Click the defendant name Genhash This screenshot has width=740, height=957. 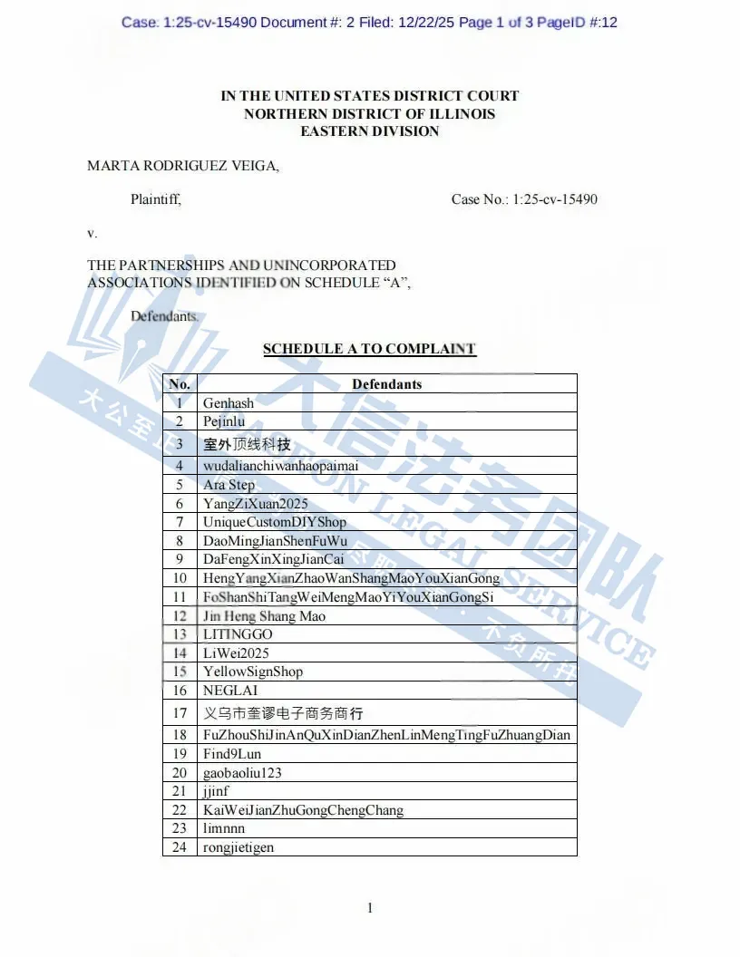229,402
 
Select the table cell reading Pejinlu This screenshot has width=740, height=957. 224,421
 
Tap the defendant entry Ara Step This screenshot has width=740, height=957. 229,485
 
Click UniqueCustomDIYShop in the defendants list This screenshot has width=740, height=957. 274,522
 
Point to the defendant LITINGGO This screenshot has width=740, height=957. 238,634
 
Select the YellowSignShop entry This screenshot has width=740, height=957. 252,672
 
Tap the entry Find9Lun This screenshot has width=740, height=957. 232,754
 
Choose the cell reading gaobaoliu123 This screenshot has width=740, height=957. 242,773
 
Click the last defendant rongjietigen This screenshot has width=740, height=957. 239,847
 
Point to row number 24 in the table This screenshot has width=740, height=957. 180,847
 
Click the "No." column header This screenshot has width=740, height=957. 180,384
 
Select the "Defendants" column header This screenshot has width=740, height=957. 387,384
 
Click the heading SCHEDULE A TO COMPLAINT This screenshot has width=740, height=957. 369,349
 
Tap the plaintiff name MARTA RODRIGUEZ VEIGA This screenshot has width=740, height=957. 183,166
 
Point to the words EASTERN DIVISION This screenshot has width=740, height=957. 370,131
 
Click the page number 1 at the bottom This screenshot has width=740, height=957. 370,908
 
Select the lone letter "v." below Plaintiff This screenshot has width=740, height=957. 92,233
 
